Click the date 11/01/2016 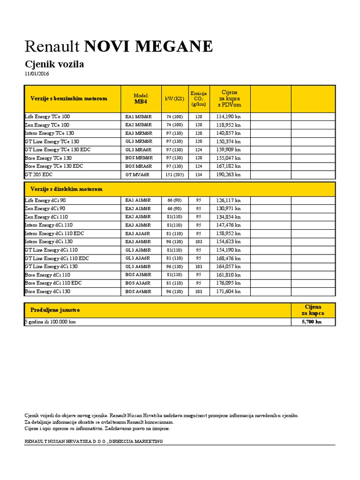(37, 74)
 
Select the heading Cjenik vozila (54, 64)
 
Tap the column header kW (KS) (174, 98)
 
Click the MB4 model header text (141, 101)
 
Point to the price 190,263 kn (228, 174)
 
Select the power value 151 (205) (174, 174)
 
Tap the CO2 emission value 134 (199, 174)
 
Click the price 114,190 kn (228, 116)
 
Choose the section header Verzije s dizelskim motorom (66, 189)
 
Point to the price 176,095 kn (228, 283)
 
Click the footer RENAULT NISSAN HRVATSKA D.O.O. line (93, 442)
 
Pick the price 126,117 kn (228, 200)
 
